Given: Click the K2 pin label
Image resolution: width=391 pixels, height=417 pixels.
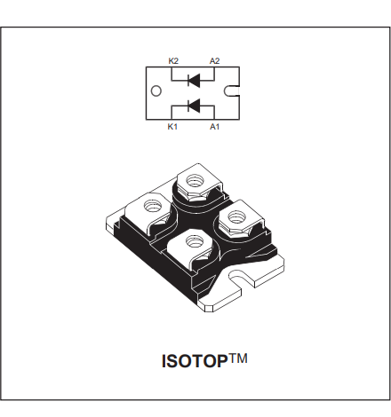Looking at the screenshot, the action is pos(173,61).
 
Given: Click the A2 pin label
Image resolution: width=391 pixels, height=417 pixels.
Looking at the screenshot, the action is pos(215,61).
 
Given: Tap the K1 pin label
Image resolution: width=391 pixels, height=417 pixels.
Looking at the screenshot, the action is pos(172,127).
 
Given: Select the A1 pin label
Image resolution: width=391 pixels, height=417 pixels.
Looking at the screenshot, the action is pos(215,127).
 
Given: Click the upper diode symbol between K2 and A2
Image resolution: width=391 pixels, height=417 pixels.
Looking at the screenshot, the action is pos(194,80).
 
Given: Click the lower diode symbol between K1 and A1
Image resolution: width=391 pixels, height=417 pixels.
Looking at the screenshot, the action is pos(194,106).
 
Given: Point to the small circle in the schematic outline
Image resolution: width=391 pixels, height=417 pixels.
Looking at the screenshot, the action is pos(156,91).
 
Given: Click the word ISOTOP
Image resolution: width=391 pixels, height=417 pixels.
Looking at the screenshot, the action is pos(195,361).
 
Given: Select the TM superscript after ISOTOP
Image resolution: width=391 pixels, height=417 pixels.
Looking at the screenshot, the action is pos(237,358).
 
